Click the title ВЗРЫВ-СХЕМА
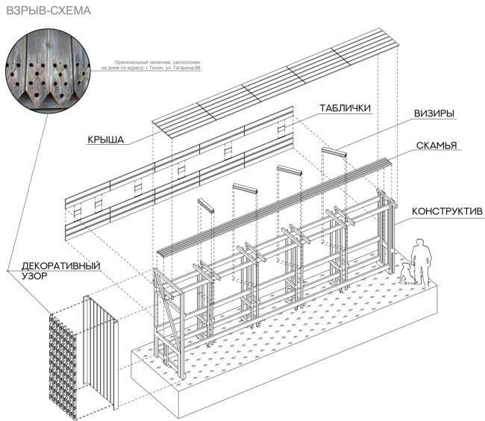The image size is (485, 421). (x=48, y=10)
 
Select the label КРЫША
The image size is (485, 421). (x=106, y=140)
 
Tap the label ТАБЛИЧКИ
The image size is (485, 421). (x=345, y=108)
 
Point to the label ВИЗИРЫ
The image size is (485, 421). (x=434, y=113)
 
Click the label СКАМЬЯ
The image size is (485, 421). (x=436, y=146)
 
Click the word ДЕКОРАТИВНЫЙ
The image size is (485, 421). (x=61, y=266)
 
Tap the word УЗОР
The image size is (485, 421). (x=34, y=276)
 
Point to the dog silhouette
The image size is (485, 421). (x=406, y=273)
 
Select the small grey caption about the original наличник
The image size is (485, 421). (x=150, y=65)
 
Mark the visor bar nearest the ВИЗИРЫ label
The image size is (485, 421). (x=334, y=152)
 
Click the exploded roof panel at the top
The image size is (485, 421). (x=275, y=83)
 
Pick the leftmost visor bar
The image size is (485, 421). (x=206, y=205)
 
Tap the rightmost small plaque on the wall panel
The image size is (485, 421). (x=281, y=128)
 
